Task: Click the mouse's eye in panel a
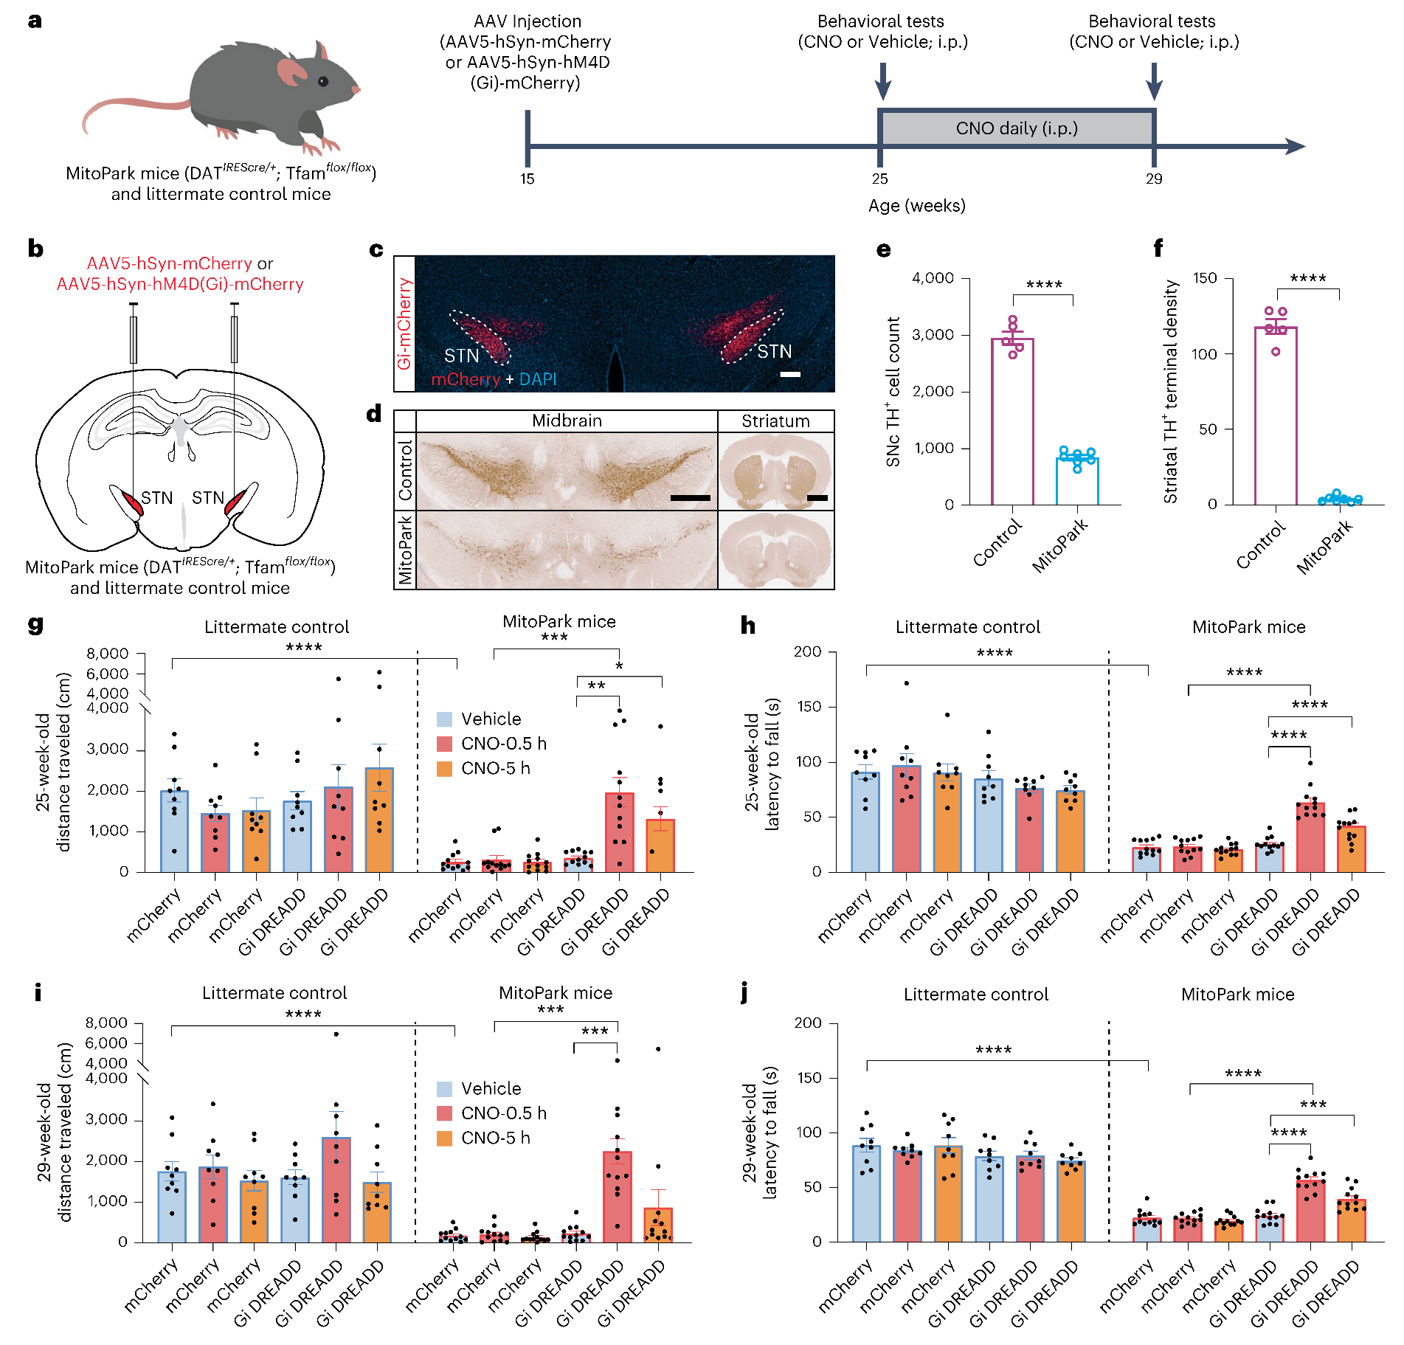323,81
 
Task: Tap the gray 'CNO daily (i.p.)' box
1017,128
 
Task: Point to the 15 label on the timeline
527,179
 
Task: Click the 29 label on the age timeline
1154,179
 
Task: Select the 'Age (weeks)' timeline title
916,206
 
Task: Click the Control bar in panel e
1012,421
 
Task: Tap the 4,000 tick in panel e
933,278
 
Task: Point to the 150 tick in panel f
1205,278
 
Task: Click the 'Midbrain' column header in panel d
567,421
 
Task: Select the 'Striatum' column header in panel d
775,421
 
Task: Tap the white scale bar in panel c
790,374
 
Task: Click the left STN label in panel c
461,356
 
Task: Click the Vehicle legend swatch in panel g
444,719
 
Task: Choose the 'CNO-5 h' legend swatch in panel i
444,1138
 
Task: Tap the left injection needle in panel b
134,339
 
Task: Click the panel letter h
748,626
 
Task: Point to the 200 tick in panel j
807,1023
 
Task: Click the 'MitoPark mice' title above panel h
1248,627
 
